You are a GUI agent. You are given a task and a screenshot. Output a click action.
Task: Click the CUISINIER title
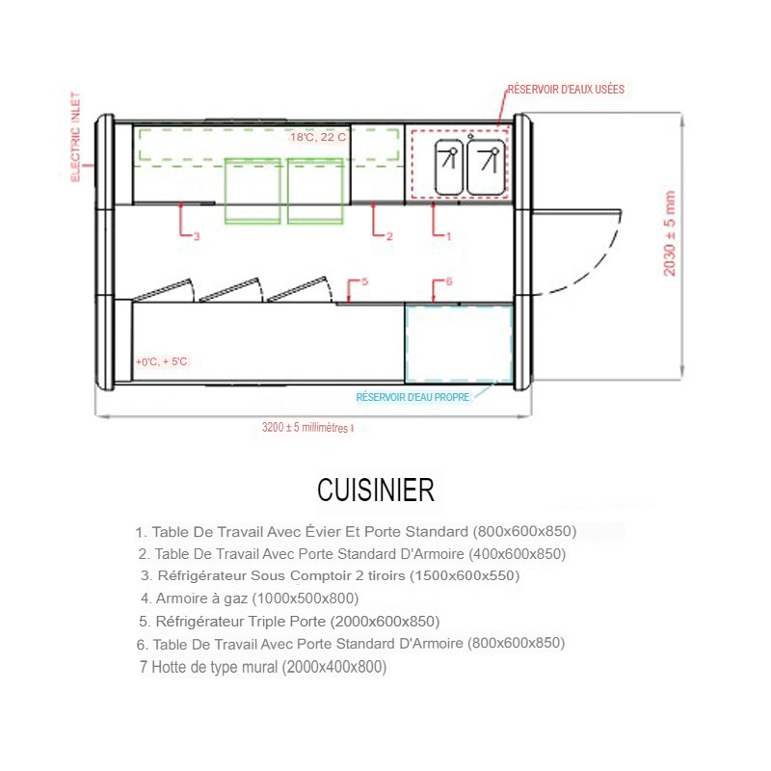(x=376, y=490)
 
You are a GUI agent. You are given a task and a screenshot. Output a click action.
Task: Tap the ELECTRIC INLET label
(x=75, y=137)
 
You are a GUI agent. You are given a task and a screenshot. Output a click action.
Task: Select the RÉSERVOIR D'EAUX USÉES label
(x=566, y=89)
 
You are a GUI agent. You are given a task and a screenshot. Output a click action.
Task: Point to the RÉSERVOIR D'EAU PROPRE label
(x=413, y=397)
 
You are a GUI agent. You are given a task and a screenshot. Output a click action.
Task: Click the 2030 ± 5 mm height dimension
(x=670, y=233)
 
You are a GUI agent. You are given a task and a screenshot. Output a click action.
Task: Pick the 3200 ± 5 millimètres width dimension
(x=307, y=427)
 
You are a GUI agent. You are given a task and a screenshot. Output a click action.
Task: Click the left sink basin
(x=449, y=167)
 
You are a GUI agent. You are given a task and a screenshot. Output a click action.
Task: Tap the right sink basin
(x=487, y=167)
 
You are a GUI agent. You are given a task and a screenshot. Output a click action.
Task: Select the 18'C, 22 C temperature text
(x=318, y=137)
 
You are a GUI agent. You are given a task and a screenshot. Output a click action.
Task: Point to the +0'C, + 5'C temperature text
(x=162, y=361)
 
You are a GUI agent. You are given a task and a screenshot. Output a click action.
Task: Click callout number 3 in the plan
(x=197, y=236)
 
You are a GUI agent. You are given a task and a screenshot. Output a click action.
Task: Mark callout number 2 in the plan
(x=389, y=236)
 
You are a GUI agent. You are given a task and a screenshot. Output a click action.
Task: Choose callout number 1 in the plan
(x=448, y=236)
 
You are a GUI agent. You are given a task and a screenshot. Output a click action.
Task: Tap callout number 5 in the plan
(x=364, y=281)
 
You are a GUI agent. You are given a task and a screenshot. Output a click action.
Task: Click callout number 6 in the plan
(x=449, y=281)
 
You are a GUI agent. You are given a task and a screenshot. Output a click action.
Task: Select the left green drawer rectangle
(x=253, y=191)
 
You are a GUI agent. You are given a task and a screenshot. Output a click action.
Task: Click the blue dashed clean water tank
(x=459, y=343)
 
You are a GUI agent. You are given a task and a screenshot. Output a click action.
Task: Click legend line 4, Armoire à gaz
(x=250, y=598)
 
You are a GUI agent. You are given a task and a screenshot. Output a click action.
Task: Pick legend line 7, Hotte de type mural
(x=263, y=667)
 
